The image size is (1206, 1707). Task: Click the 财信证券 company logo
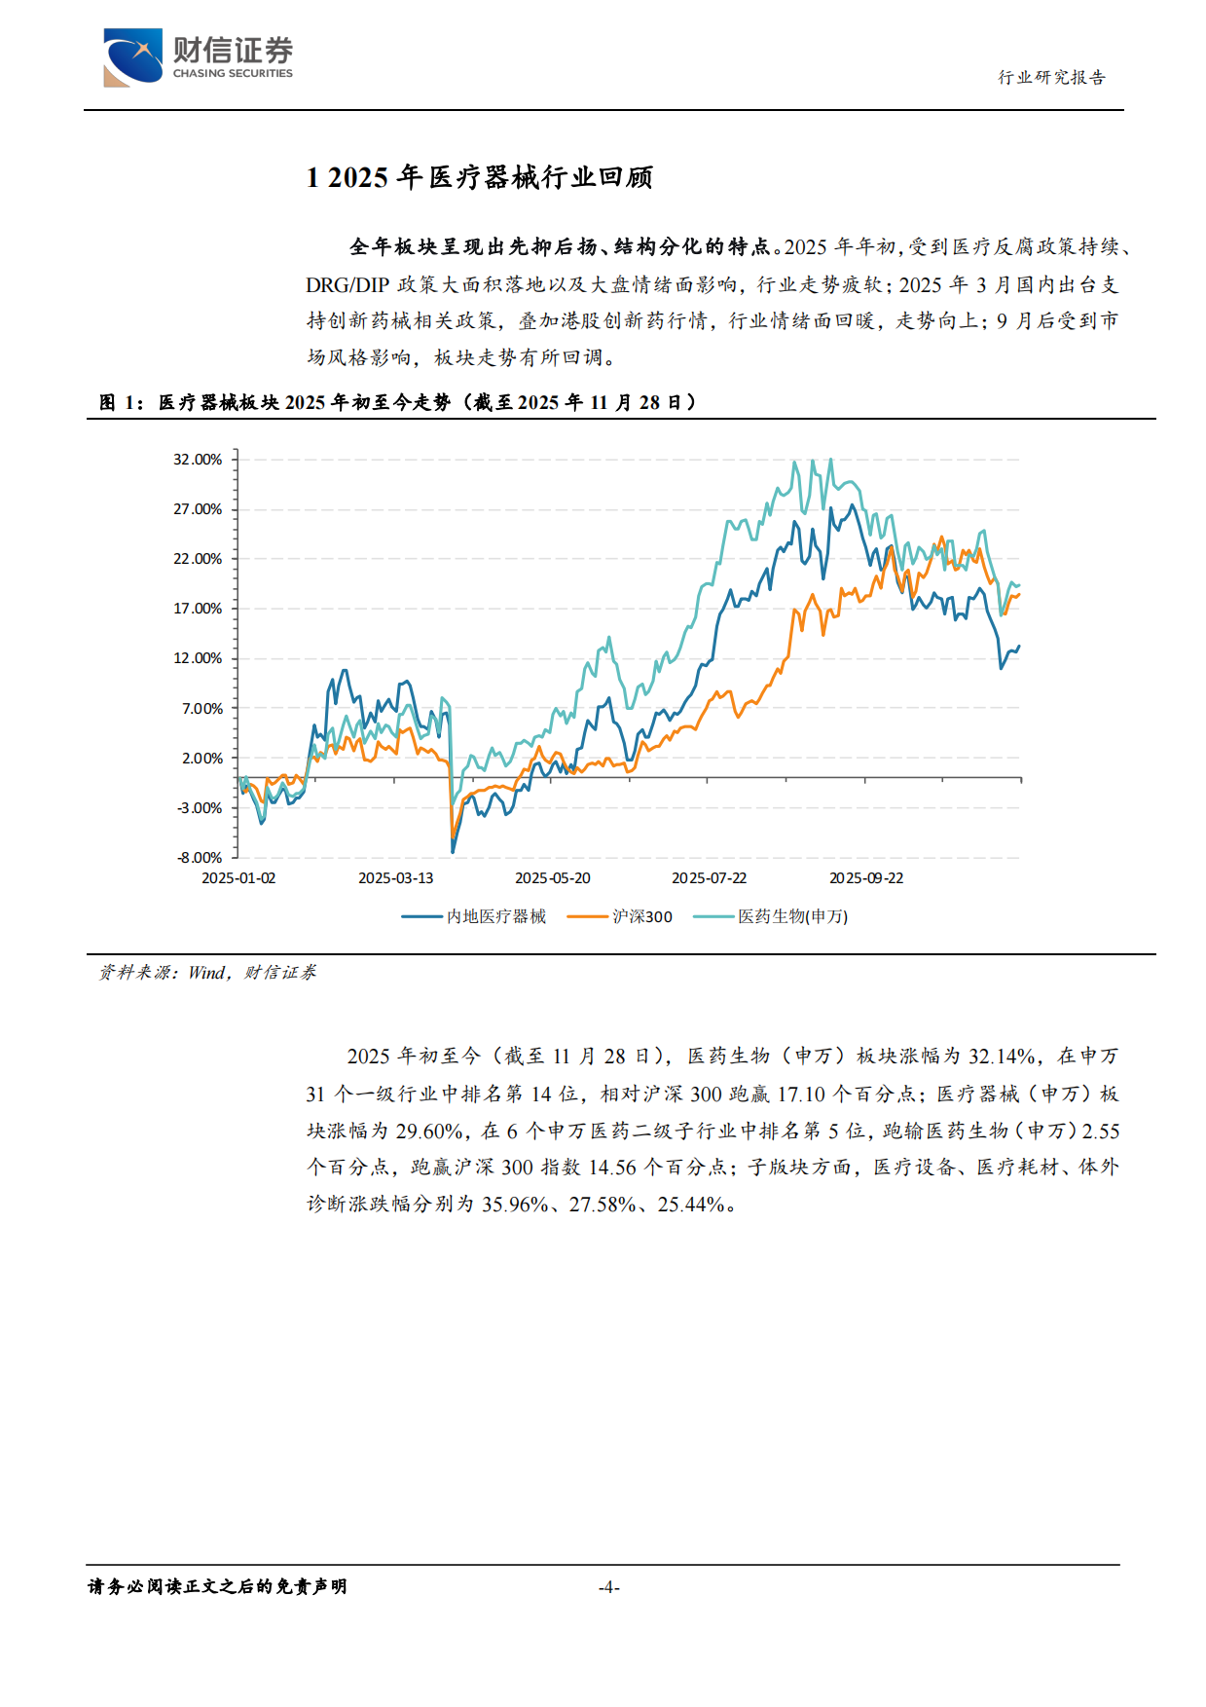(x=198, y=57)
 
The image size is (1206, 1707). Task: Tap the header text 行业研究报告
(x=1051, y=78)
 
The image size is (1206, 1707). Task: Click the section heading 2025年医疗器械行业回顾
(x=479, y=177)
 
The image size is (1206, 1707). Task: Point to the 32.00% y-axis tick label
(x=198, y=460)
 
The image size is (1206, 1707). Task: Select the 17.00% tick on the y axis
(x=198, y=609)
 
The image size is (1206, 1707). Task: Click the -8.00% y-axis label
(x=200, y=858)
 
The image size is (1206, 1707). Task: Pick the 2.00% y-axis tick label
(x=201, y=759)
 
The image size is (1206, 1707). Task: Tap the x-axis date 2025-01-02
(x=238, y=878)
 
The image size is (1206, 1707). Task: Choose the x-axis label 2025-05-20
(x=553, y=878)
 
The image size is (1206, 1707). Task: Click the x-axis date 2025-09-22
(x=866, y=878)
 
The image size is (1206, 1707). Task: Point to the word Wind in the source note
(x=206, y=973)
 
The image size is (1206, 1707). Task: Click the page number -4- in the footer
(x=609, y=1587)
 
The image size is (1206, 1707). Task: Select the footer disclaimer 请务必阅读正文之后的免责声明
(x=217, y=1587)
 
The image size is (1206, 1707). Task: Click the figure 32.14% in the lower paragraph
(x=1001, y=1057)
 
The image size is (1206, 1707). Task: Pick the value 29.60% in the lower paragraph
(x=428, y=1132)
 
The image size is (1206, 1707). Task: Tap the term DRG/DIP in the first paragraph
(x=347, y=285)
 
